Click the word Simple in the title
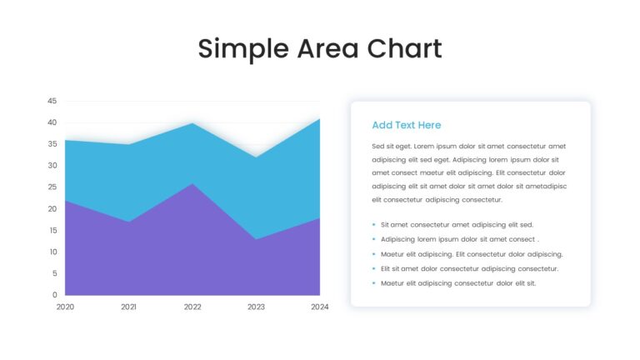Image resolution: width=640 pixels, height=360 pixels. tap(243, 49)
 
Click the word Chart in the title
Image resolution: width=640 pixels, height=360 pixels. tap(404, 48)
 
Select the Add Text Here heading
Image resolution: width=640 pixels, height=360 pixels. tap(406, 125)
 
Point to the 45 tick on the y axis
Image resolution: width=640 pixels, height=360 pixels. tap(52, 101)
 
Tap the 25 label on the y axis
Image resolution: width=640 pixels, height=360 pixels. tap(52, 187)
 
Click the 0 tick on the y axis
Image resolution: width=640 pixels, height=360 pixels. tap(55, 295)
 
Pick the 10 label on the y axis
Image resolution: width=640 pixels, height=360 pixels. tap(53, 252)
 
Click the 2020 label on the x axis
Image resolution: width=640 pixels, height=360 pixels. tap(65, 307)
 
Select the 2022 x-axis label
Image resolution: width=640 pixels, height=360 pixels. tap(192, 307)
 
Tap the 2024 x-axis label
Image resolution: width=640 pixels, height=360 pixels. tap(320, 307)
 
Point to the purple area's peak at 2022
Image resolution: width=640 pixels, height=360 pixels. tap(192, 183)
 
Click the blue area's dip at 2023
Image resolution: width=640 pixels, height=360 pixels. tap(256, 157)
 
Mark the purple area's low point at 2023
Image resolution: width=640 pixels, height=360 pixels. tap(256, 239)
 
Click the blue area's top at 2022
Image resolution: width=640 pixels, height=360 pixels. tap(192, 122)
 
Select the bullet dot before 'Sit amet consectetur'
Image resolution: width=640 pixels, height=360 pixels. tap(373, 224)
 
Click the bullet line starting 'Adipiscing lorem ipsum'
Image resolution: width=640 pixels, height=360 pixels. tap(460, 239)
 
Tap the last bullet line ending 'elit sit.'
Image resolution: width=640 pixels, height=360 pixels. tap(458, 283)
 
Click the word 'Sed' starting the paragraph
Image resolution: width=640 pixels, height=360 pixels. tap(378, 146)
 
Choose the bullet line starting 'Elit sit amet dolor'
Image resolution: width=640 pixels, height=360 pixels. tap(469, 268)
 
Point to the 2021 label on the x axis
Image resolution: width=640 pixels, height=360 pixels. tap(128, 307)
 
